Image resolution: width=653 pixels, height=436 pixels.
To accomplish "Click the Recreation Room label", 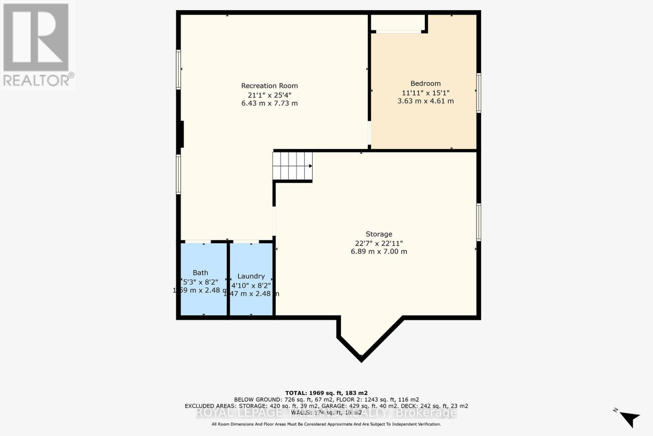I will coord(269,86).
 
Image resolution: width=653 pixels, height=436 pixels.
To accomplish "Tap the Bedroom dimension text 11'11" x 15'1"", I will coord(426,93).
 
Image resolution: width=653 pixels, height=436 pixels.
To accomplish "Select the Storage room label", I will coord(379,234).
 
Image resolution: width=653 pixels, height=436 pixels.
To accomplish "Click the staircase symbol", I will coord(292,166).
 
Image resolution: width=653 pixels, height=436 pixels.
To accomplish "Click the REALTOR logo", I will coord(37,45).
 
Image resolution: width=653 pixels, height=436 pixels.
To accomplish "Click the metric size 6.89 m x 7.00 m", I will coord(379,252).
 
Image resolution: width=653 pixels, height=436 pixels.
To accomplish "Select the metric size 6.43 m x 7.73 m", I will coord(269,103).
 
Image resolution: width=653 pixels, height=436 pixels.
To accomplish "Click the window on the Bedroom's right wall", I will coord(479,93).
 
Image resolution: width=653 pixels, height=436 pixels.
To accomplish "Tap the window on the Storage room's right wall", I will coord(479,222).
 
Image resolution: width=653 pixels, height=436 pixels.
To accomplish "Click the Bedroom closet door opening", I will coord(398,31).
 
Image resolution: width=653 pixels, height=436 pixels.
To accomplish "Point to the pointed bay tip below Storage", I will coord(361,358).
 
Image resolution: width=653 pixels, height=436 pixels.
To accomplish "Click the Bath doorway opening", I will coord(198,242).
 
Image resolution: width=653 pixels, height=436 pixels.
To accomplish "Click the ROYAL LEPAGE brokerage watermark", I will coord(326,413).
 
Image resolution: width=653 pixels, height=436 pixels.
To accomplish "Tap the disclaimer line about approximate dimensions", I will coord(326,424).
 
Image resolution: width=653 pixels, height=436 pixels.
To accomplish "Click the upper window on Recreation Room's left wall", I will coord(178,69).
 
